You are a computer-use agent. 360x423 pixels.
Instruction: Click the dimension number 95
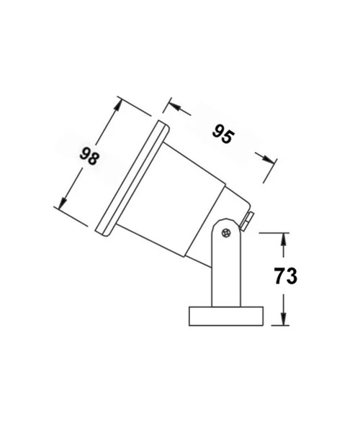pyautogui.click(x=222, y=134)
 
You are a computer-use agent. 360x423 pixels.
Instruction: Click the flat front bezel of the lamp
pyautogui.click(x=130, y=176)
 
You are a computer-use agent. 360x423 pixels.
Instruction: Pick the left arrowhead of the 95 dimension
pyautogui.click(x=169, y=107)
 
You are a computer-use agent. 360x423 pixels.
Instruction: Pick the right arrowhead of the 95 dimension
pyautogui.click(x=270, y=160)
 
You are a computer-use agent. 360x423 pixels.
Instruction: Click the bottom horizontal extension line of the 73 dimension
pyautogui.click(x=274, y=327)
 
